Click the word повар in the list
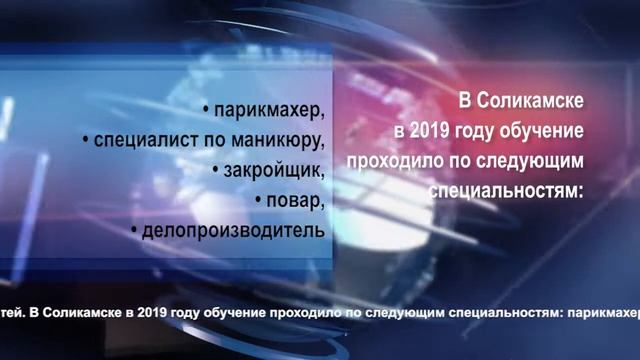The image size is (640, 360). click(x=297, y=200)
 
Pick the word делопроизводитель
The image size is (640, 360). click(x=235, y=231)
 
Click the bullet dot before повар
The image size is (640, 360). click(x=259, y=201)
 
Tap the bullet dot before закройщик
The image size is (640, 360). click(x=216, y=170)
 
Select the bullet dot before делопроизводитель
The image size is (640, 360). click(x=134, y=232)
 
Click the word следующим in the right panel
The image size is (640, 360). click(x=520, y=160)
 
